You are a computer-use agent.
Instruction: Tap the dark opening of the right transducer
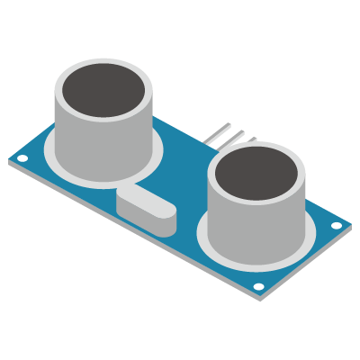256,175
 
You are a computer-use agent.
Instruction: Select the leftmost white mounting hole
22,159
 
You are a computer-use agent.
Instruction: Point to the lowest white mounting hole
258,287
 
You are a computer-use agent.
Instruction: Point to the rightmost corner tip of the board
351,224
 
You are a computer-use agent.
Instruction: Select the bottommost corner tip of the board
261,298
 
